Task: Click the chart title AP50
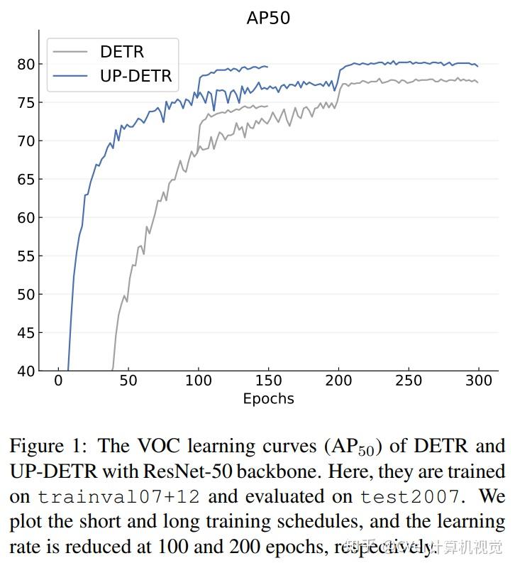tap(268, 18)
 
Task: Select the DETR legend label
tap(123, 52)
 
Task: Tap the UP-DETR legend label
tap(135, 76)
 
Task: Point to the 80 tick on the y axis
tap(26, 65)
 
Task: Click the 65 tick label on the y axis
tap(26, 180)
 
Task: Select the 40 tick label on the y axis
tap(26, 371)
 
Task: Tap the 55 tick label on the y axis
tap(26, 256)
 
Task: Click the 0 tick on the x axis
tap(58, 381)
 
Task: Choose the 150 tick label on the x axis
tap(268, 381)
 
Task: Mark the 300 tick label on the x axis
tap(478, 381)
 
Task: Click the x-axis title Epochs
tap(268, 398)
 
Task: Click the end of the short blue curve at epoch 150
tap(267, 67)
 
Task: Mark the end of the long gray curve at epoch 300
tap(477, 82)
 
